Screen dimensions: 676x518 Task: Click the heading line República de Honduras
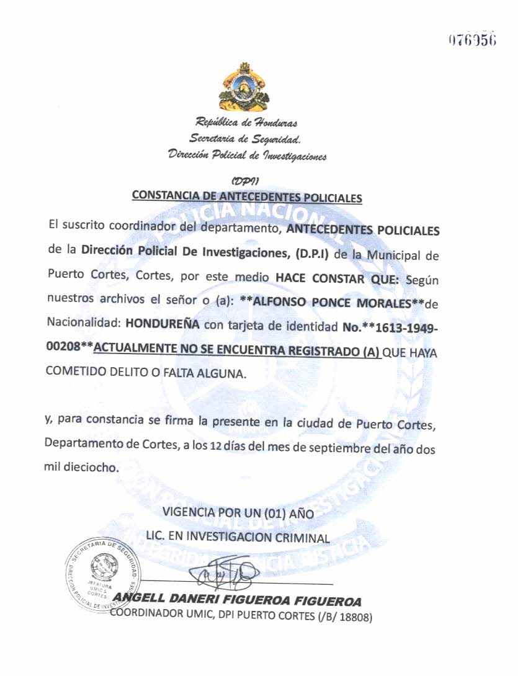(x=246, y=122)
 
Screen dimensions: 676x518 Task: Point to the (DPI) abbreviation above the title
(x=245, y=181)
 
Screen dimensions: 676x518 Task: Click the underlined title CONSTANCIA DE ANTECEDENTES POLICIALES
(x=246, y=197)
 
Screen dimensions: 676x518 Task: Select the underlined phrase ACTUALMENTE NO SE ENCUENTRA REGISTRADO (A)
(x=236, y=350)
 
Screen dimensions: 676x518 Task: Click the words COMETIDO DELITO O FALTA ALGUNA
(x=146, y=374)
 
